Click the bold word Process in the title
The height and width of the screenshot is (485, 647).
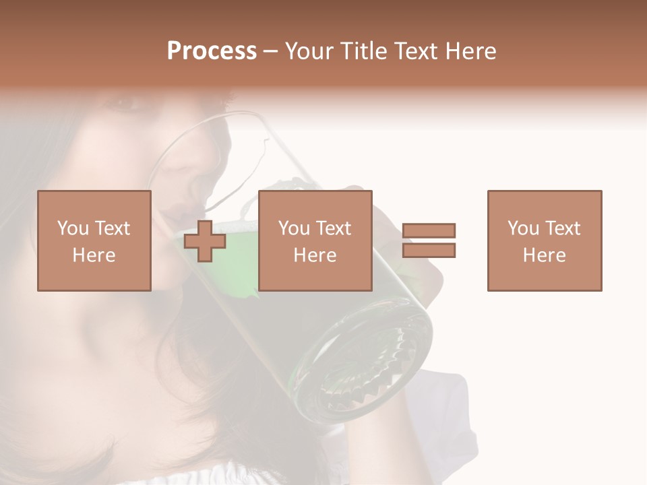212,51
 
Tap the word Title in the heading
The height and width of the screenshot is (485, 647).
364,51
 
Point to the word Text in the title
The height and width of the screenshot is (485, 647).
416,51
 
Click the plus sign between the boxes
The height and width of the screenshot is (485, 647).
205,241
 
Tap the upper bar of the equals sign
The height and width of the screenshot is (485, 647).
429,230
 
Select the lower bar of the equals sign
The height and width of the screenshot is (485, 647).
429,251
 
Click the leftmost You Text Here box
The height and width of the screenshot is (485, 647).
94,240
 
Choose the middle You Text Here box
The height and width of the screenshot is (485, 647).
315,240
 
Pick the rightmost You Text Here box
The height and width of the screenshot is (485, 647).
545,240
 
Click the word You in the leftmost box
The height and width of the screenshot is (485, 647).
72,228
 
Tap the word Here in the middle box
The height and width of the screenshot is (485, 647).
315,255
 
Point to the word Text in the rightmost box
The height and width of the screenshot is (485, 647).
562,228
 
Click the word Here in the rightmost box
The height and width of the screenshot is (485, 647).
545,255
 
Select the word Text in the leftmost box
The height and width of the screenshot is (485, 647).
112,228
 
